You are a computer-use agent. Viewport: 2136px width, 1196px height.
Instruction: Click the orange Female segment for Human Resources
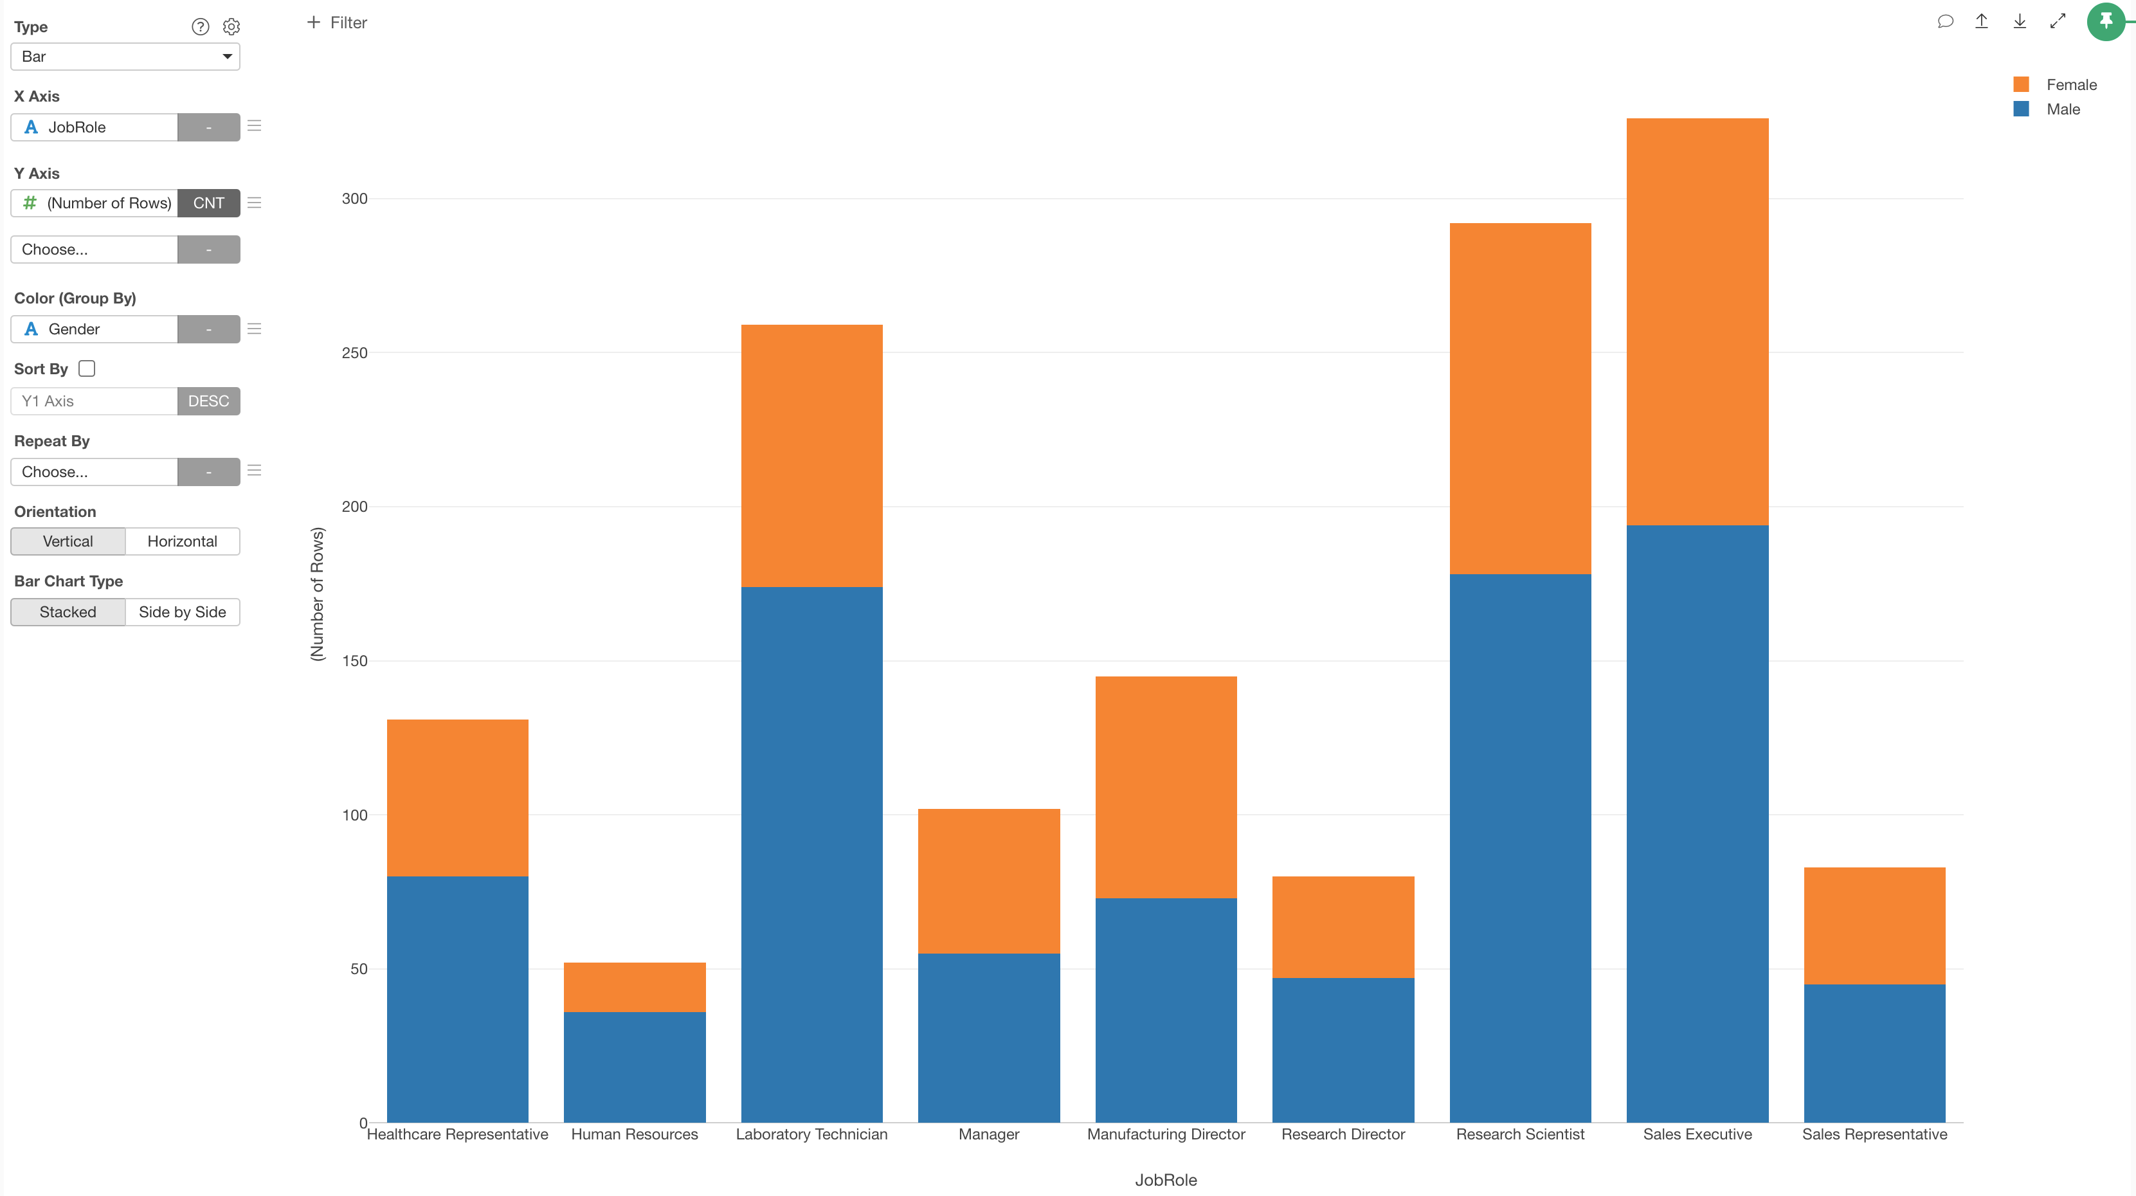pyautogui.click(x=635, y=987)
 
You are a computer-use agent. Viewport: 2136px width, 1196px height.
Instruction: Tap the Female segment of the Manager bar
pyautogui.click(x=988, y=881)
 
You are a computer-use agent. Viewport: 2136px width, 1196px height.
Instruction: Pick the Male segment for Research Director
pyautogui.click(x=1343, y=1049)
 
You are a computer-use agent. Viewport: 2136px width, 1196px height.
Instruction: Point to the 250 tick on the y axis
pyautogui.click(x=354, y=352)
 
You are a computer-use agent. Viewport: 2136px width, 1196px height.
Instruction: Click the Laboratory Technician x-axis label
pyautogui.click(x=811, y=1134)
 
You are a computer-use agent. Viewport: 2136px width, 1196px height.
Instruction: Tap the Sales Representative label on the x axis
pyautogui.click(x=1874, y=1134)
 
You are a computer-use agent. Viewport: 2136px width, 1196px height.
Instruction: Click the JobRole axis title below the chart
pyautogui.click(x=1165, y=1179)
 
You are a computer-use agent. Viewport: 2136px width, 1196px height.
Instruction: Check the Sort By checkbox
pyautogui.click(x=87, y=368)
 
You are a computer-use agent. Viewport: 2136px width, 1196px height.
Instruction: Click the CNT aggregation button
pyautogui.click(x=208, y=203)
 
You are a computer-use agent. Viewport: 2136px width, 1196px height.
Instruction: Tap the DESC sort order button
pyautogui.click(x=208, y=401)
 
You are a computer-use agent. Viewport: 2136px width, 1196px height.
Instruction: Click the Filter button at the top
pyautogui.click(x=337, y=23)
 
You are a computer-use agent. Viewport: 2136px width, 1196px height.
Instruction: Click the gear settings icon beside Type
pyautogui.click(x=231, y=26)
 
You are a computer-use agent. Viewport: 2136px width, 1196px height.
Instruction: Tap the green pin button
pyautogui.click(x=2105, y=22)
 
